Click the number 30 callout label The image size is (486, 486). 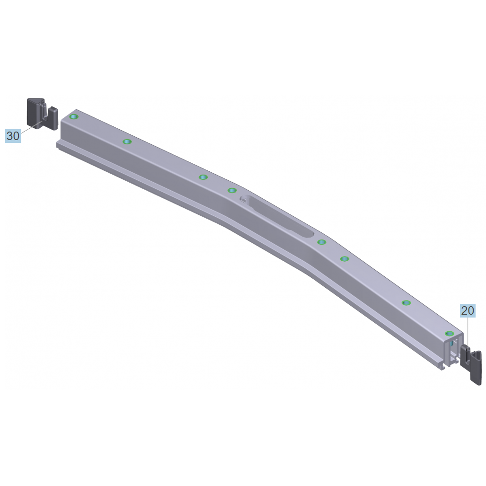tap(13, 136)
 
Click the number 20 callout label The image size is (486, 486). tap(468, 310)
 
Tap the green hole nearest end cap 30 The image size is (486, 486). tap(74, 117)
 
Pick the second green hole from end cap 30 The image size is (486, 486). tap(127, 141)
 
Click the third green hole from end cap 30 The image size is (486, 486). tap(203, 177)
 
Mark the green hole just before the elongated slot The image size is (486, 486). tap(232, 190)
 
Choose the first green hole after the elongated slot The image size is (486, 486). tap(322, 242)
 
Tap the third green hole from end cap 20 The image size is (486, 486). tap(345, 259)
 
